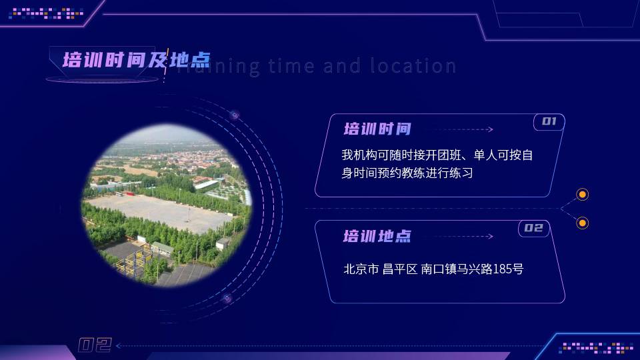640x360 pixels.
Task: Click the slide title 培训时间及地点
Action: [x=136, y=60]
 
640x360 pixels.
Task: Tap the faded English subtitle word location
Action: [x=413, y=66]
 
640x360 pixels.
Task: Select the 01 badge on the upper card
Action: [x=549, y=121]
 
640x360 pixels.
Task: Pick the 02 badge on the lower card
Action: [x=534, y=228]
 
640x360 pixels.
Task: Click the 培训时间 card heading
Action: [x=377, y=129]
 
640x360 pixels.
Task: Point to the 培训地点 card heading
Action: [x=377, y=236]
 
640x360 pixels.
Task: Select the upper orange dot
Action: [x=583, y=194]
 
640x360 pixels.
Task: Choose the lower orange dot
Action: [x=583, y=223]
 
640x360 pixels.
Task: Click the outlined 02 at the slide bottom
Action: [x=95, y=345]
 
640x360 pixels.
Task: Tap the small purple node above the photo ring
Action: [x=234, y=115]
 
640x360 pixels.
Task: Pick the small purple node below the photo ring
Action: [x=227, y=299]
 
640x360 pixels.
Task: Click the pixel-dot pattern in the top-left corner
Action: [x=46, y=13]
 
